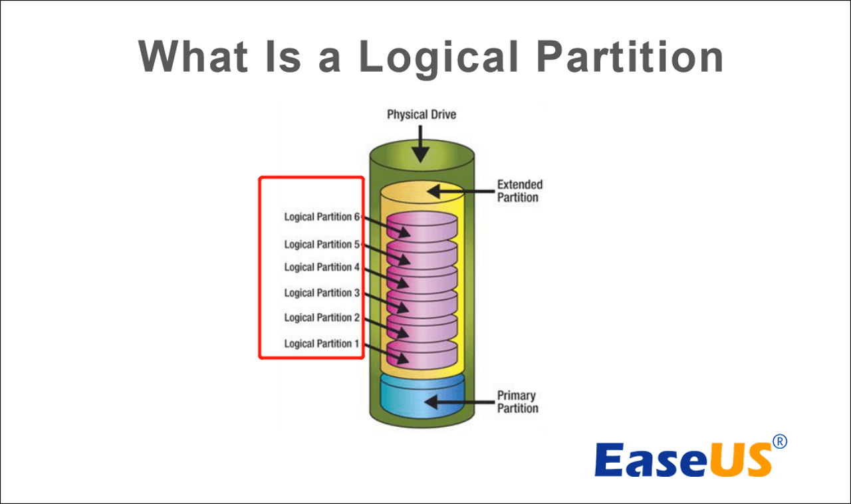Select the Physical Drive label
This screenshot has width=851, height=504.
click(422, 114)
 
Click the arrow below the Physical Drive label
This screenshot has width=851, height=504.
click(420, 145)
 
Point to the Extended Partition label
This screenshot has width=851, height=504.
click(520, 191)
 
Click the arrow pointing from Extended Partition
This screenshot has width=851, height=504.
click(459, 191)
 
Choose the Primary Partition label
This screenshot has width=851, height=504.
click(517, 402)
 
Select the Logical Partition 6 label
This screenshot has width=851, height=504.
click(322, 217)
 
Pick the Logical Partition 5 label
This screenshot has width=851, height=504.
click(322, 245)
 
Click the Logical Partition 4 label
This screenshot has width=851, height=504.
click(322, 267)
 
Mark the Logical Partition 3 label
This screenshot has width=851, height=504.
click(322, 293)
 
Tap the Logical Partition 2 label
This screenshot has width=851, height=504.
click(322, 318)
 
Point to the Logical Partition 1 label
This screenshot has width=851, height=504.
click(322, 344)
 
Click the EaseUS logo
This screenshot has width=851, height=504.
click(683, 458)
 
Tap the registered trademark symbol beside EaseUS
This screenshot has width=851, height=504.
click(781, 441)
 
